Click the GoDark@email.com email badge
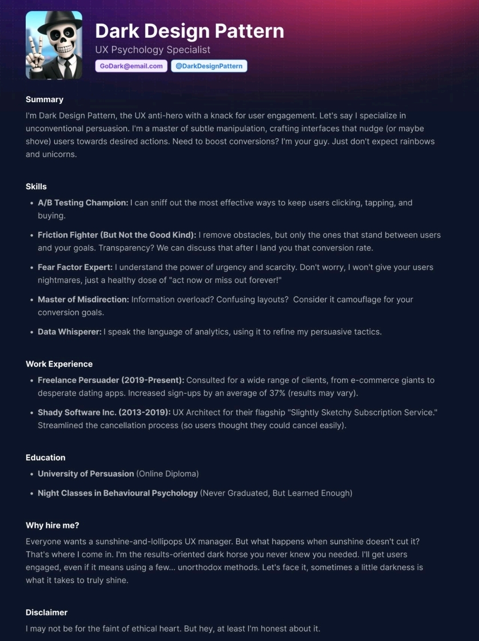click(131, 66)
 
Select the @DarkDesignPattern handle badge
click(209, 66)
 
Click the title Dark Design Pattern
click(189, 31)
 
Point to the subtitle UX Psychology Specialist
click(152, 50)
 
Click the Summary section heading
click(44, 100)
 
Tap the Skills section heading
click(36, 187)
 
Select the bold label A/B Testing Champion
click(83, 203)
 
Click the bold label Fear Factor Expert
click(75, 267)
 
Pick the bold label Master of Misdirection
click(83, 300)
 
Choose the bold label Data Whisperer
click(70, 332)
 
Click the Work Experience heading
click(59, 364)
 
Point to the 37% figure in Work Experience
click(277, 393)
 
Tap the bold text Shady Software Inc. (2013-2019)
click(104, 413)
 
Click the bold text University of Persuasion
click(86, 474)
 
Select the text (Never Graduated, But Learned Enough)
click(276, 493)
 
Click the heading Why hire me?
click(52, 525)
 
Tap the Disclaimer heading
click(47, 613)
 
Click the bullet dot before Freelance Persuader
click(32, 381)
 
